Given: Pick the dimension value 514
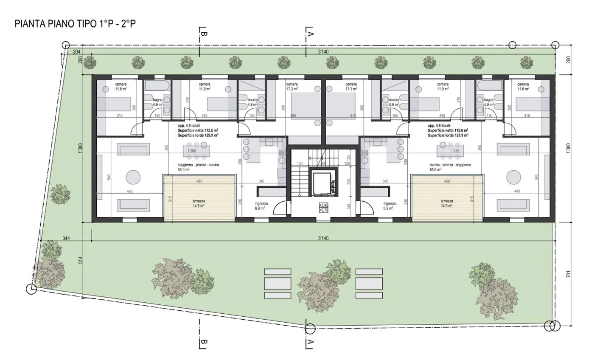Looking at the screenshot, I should click(x=81, y=260).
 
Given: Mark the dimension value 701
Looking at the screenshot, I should click(x=569, y=275).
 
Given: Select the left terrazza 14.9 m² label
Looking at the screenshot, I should click(x=198, y=203).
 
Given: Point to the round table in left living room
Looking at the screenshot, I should click(x=133, y=176).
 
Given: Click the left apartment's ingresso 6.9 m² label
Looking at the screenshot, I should click(x=261, y=206).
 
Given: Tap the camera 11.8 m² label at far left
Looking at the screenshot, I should click(x=121, y=87).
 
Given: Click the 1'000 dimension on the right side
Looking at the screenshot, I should click(x=569, y=148).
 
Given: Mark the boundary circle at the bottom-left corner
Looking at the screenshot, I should click(x=31, y=289).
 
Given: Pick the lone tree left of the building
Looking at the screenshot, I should click(x=60, y=194).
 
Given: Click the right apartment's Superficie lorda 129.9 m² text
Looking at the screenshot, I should click(x=448, y=135).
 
